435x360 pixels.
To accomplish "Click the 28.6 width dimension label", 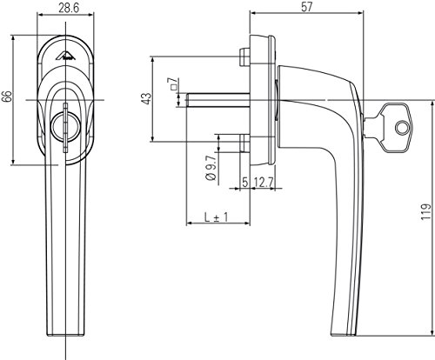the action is (69, 8).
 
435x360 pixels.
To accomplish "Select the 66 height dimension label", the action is (7, 96).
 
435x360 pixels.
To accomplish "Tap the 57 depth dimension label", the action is (307, 7).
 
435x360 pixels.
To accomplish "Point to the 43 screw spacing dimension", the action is (147, 98).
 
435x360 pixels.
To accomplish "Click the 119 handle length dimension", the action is (425, 211).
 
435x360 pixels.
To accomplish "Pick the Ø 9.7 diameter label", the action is (211, 169).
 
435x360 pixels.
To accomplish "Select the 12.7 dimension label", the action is (264, 183).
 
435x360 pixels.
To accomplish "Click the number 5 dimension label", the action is (245, 183).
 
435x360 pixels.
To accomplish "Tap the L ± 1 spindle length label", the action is (216, 217).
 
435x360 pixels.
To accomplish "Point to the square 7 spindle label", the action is (173, 84).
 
